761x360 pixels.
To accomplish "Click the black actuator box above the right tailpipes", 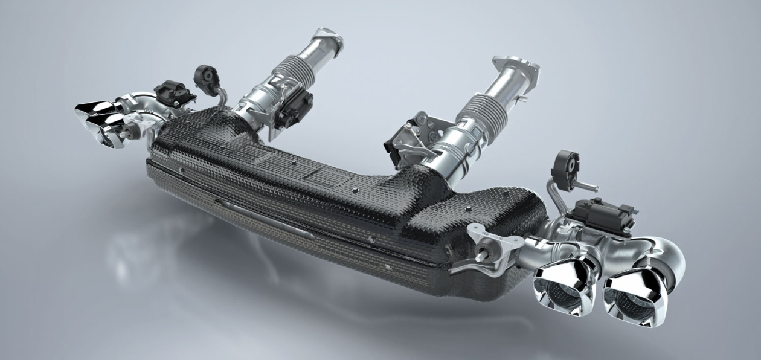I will tap(602, 214).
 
